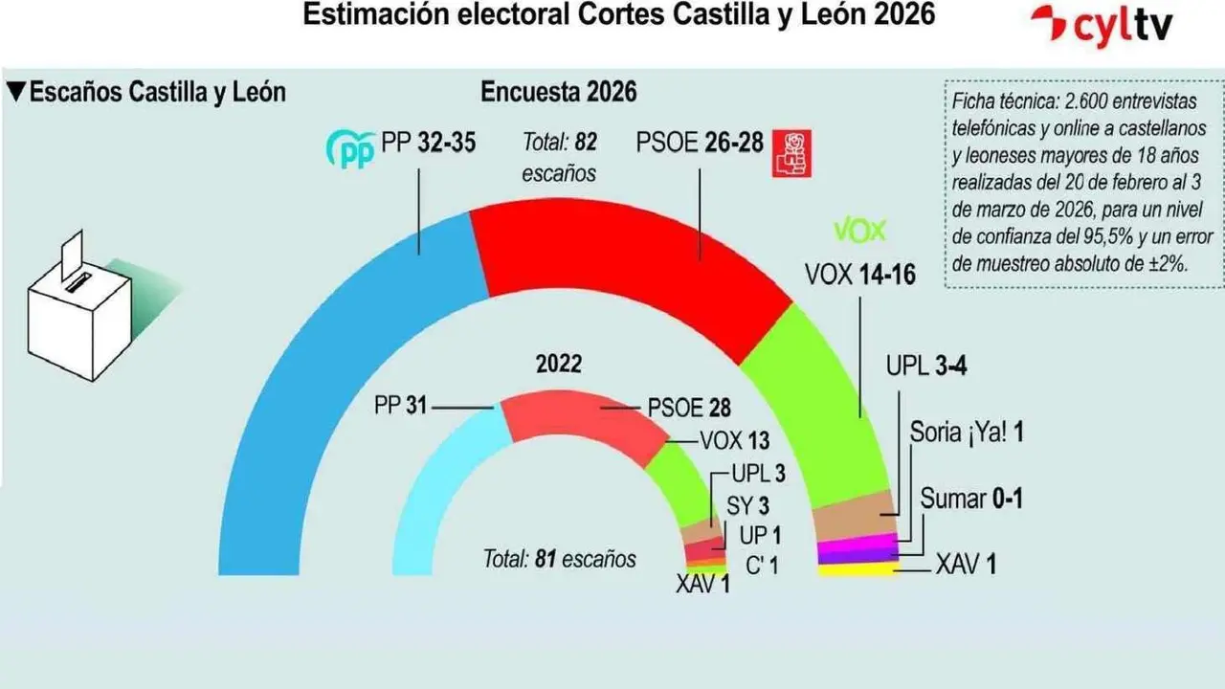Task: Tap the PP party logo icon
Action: click(x=350, y=148)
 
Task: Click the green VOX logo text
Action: click(x=860, y=231)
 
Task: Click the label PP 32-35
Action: click(x=428, y=144)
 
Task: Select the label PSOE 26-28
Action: click(x=700, y=144)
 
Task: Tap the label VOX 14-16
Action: click(x=859, y=276)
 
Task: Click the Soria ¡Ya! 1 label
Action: click(x=968, y=433)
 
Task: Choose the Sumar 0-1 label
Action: click(x=971, y=498)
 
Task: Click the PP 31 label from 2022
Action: click(x=400, y=407)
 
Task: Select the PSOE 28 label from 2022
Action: click(x=689, y=409)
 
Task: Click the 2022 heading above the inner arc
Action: click(x=558, y=365)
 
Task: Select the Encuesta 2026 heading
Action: click(x=558, y=93)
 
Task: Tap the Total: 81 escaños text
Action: click(x=559, y=558)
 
